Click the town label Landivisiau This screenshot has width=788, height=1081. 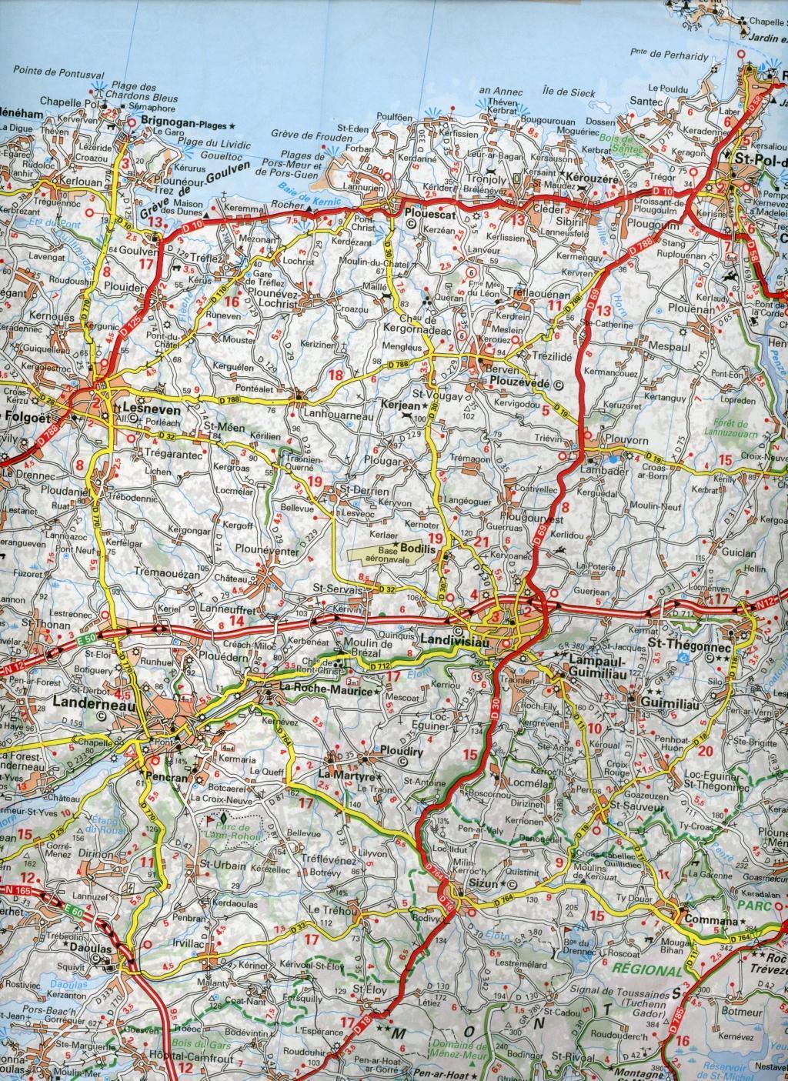click(x=452, y=639)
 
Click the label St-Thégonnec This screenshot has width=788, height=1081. click(x=681, y=642)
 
